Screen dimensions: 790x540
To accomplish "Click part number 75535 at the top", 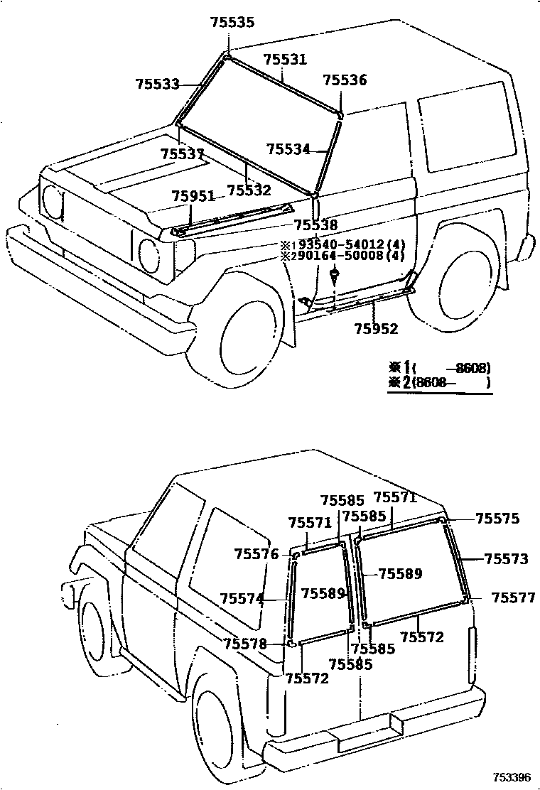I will pos(232,23).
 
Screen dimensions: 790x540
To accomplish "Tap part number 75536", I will pos(345,80).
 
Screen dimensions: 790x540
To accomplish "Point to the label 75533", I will pos(157,84).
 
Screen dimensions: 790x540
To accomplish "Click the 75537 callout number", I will pos(182,154).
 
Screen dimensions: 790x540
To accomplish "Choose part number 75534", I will pos(288,149).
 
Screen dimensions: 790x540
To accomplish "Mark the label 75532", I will pos(249,190).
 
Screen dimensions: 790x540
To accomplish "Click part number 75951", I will pos(193,197).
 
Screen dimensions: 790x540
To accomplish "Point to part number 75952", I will pos(377,328).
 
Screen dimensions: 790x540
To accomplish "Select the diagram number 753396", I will pos(513,778).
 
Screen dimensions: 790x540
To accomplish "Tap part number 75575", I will pos(497,519).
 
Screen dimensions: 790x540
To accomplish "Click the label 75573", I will pos(507,559).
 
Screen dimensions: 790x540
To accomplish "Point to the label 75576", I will pos(256,553).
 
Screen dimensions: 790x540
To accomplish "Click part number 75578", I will pos(245,644).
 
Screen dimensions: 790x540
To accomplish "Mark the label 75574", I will pos(242,598).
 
